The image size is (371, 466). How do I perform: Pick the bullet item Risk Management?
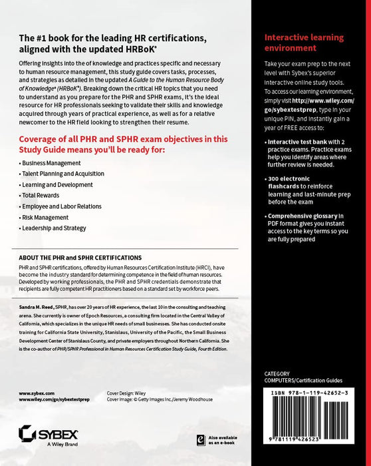[45, 217]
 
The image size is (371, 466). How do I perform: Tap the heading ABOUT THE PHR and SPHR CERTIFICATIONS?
[80, 257]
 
